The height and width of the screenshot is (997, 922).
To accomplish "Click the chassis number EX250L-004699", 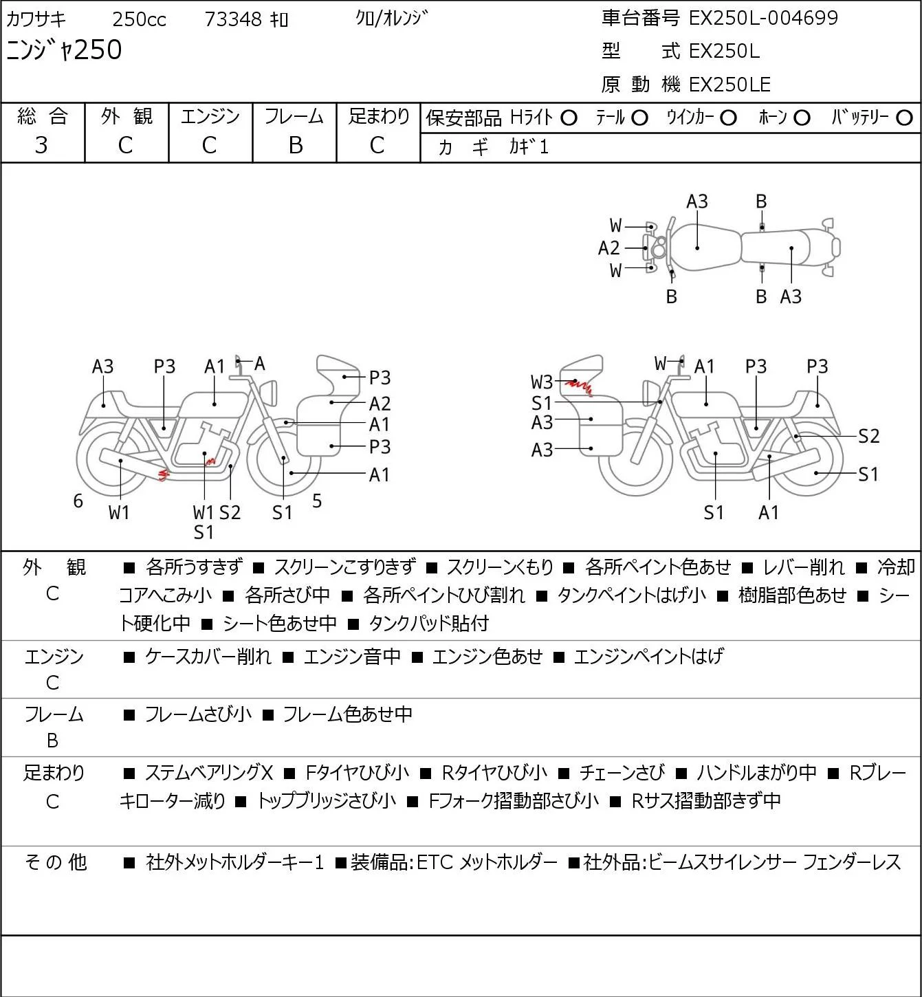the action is (x=763, y=18).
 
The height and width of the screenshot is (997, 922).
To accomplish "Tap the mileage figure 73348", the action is (x=233, y=19).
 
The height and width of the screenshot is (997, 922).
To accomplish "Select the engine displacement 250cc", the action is (x=139, y=19).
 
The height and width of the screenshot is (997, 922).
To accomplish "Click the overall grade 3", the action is (x=41, y=146).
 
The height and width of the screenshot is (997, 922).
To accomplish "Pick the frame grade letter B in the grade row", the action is (x=295, y=146).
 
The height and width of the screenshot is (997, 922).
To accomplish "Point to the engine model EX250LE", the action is (x=729, y=85).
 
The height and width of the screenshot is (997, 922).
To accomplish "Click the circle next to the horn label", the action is (x=802, y=118).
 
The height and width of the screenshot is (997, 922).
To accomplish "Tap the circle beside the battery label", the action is (x=904, y=118).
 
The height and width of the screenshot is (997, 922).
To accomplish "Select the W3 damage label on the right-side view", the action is (x=541, y=382).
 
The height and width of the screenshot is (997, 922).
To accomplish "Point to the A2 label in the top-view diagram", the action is (x=608, y=248).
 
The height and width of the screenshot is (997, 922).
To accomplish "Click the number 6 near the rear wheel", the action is (x=78, y=501).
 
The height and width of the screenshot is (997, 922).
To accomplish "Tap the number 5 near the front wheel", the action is (x=317, y=501).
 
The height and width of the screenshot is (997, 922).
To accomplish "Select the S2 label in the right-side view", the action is (x=868, y=436).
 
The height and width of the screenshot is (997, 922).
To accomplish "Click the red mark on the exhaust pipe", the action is (x=164, y=474).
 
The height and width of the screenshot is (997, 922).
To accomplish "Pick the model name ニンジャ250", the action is (x=64, y=50).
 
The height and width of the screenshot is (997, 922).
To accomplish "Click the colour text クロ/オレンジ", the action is (x=391, y=19).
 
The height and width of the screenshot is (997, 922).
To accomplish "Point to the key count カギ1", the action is (x=529, y=147).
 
